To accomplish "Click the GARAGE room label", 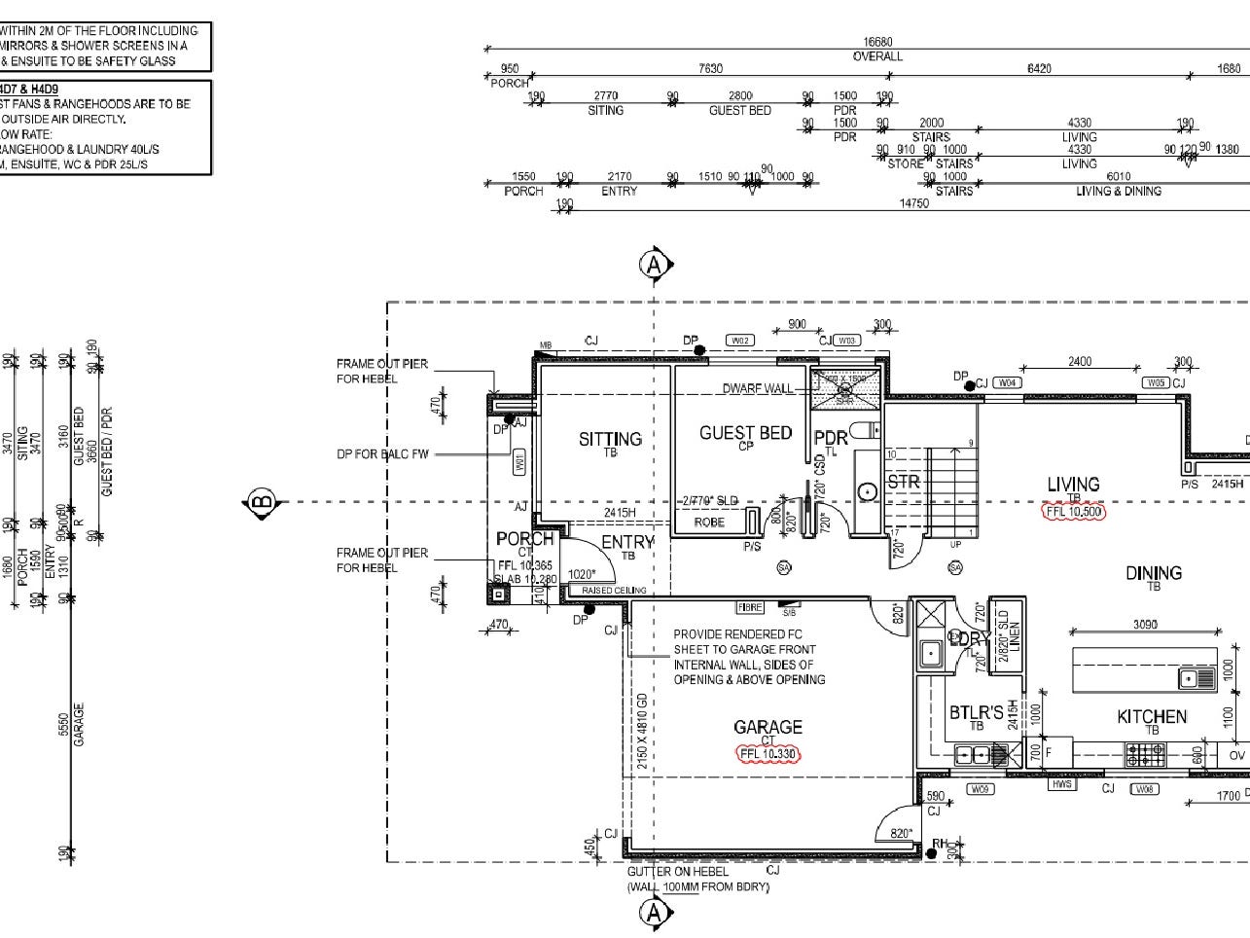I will click(768, 727).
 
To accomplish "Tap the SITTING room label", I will click(610, 439).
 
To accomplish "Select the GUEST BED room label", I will click(745, 433).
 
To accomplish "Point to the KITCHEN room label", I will click(1152, 717).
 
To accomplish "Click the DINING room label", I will click(1154, 573).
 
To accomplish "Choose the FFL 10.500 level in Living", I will click(1073, 511).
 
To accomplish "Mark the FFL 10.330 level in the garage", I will click(768, 753).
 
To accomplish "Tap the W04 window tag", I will click(1008, 382).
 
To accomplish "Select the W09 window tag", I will click(981, 789).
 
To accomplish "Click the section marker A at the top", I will click(655, 264).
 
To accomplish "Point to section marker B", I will click(261, 503).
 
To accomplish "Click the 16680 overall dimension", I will click(877, 43).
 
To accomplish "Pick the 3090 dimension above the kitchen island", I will click(1146, 625).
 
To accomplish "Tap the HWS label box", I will click(1061, 784).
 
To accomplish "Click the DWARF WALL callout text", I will click(758, 389).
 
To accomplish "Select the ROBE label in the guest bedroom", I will click(709, 523).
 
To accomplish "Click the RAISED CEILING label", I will click(613, 591).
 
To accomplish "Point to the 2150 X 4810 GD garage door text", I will click(641, 732).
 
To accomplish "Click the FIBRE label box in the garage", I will click(749, 607).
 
